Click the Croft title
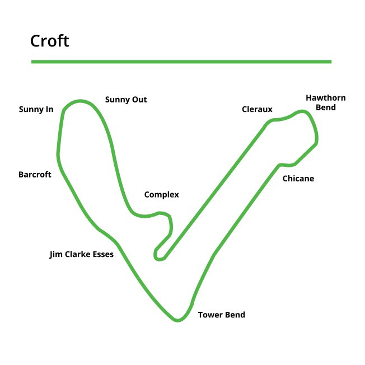(50, 41)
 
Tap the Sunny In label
(36, 109)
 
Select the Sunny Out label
(126, 100)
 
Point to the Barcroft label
(35, 175)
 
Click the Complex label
(161, 195)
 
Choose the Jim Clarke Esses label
(82, 254)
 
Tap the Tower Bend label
(222, 315)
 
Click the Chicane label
(298, 179)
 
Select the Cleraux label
(257, 109)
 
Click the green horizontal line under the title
(181, 62)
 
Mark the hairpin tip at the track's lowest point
(177, 320)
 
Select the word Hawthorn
(325, 98)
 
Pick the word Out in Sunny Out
(139, 100)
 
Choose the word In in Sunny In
(49, 109)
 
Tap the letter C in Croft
(35, 41)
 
